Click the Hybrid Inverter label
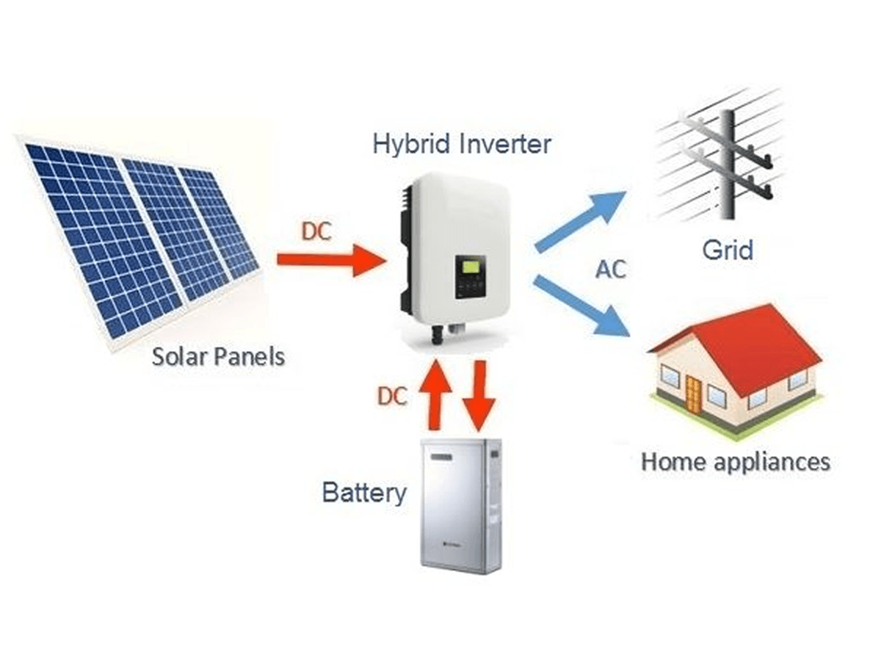(x=461, y=144)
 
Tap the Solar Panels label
(x=218, y=358)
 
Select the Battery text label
(x=363, y=492)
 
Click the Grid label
(x=728, y=250)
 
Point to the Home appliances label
(x=736, y=462)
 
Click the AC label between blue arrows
(x=610, y=270)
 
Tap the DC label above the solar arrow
(x=316, y=232)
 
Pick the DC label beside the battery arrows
(x=392, y=397)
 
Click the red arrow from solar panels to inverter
(x=331, y=259)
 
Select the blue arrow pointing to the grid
(x=580, y=220)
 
